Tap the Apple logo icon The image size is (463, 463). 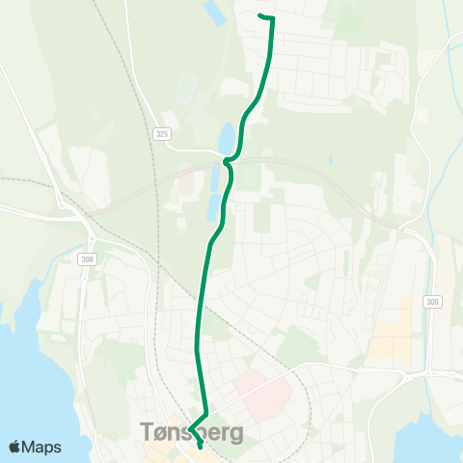click(x=15, y=447)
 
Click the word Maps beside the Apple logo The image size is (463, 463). click(x=41, y=447)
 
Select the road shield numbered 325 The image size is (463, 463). click(x=160, y=134)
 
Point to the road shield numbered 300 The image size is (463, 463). click(x=431, y=302)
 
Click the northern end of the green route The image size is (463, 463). click(x=261, y=15)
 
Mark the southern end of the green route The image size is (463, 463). click(x=200, y=446)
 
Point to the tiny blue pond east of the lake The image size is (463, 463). click(x=330, y=161)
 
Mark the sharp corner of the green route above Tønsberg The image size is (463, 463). click(x=190, y=429)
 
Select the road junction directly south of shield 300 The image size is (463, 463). click(x=431, y=372)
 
